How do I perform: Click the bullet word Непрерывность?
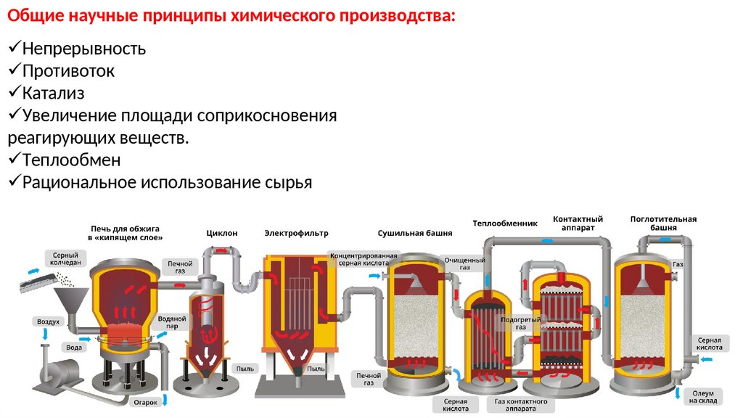coord(83,49)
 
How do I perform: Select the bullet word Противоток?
coord(68,71)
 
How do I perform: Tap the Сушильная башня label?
coord(414,234)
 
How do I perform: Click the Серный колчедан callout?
coord(65,259)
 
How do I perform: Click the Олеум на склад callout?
coord(703,396)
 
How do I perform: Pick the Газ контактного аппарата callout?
coord(520,405)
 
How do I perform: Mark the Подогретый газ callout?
coord(516,321)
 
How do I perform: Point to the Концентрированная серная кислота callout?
coord(364,259)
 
